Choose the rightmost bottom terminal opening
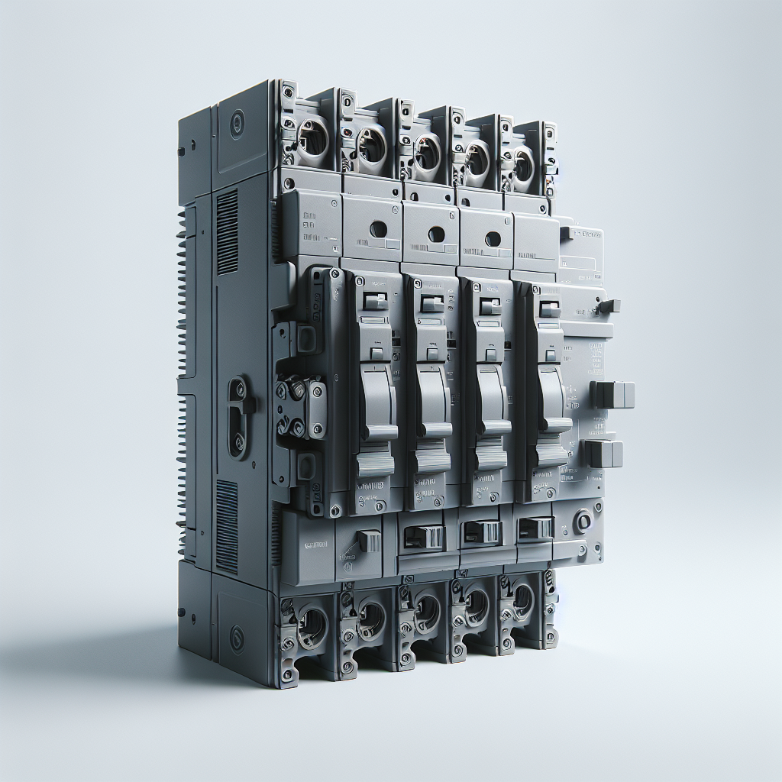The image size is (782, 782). [523, 599]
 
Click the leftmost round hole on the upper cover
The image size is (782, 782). [377, 229]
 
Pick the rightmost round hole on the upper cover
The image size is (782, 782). [493, 238]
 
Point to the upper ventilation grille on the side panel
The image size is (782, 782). [227, 232]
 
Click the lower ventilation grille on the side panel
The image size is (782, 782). [226, 527]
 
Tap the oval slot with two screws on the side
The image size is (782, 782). [238, 417]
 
